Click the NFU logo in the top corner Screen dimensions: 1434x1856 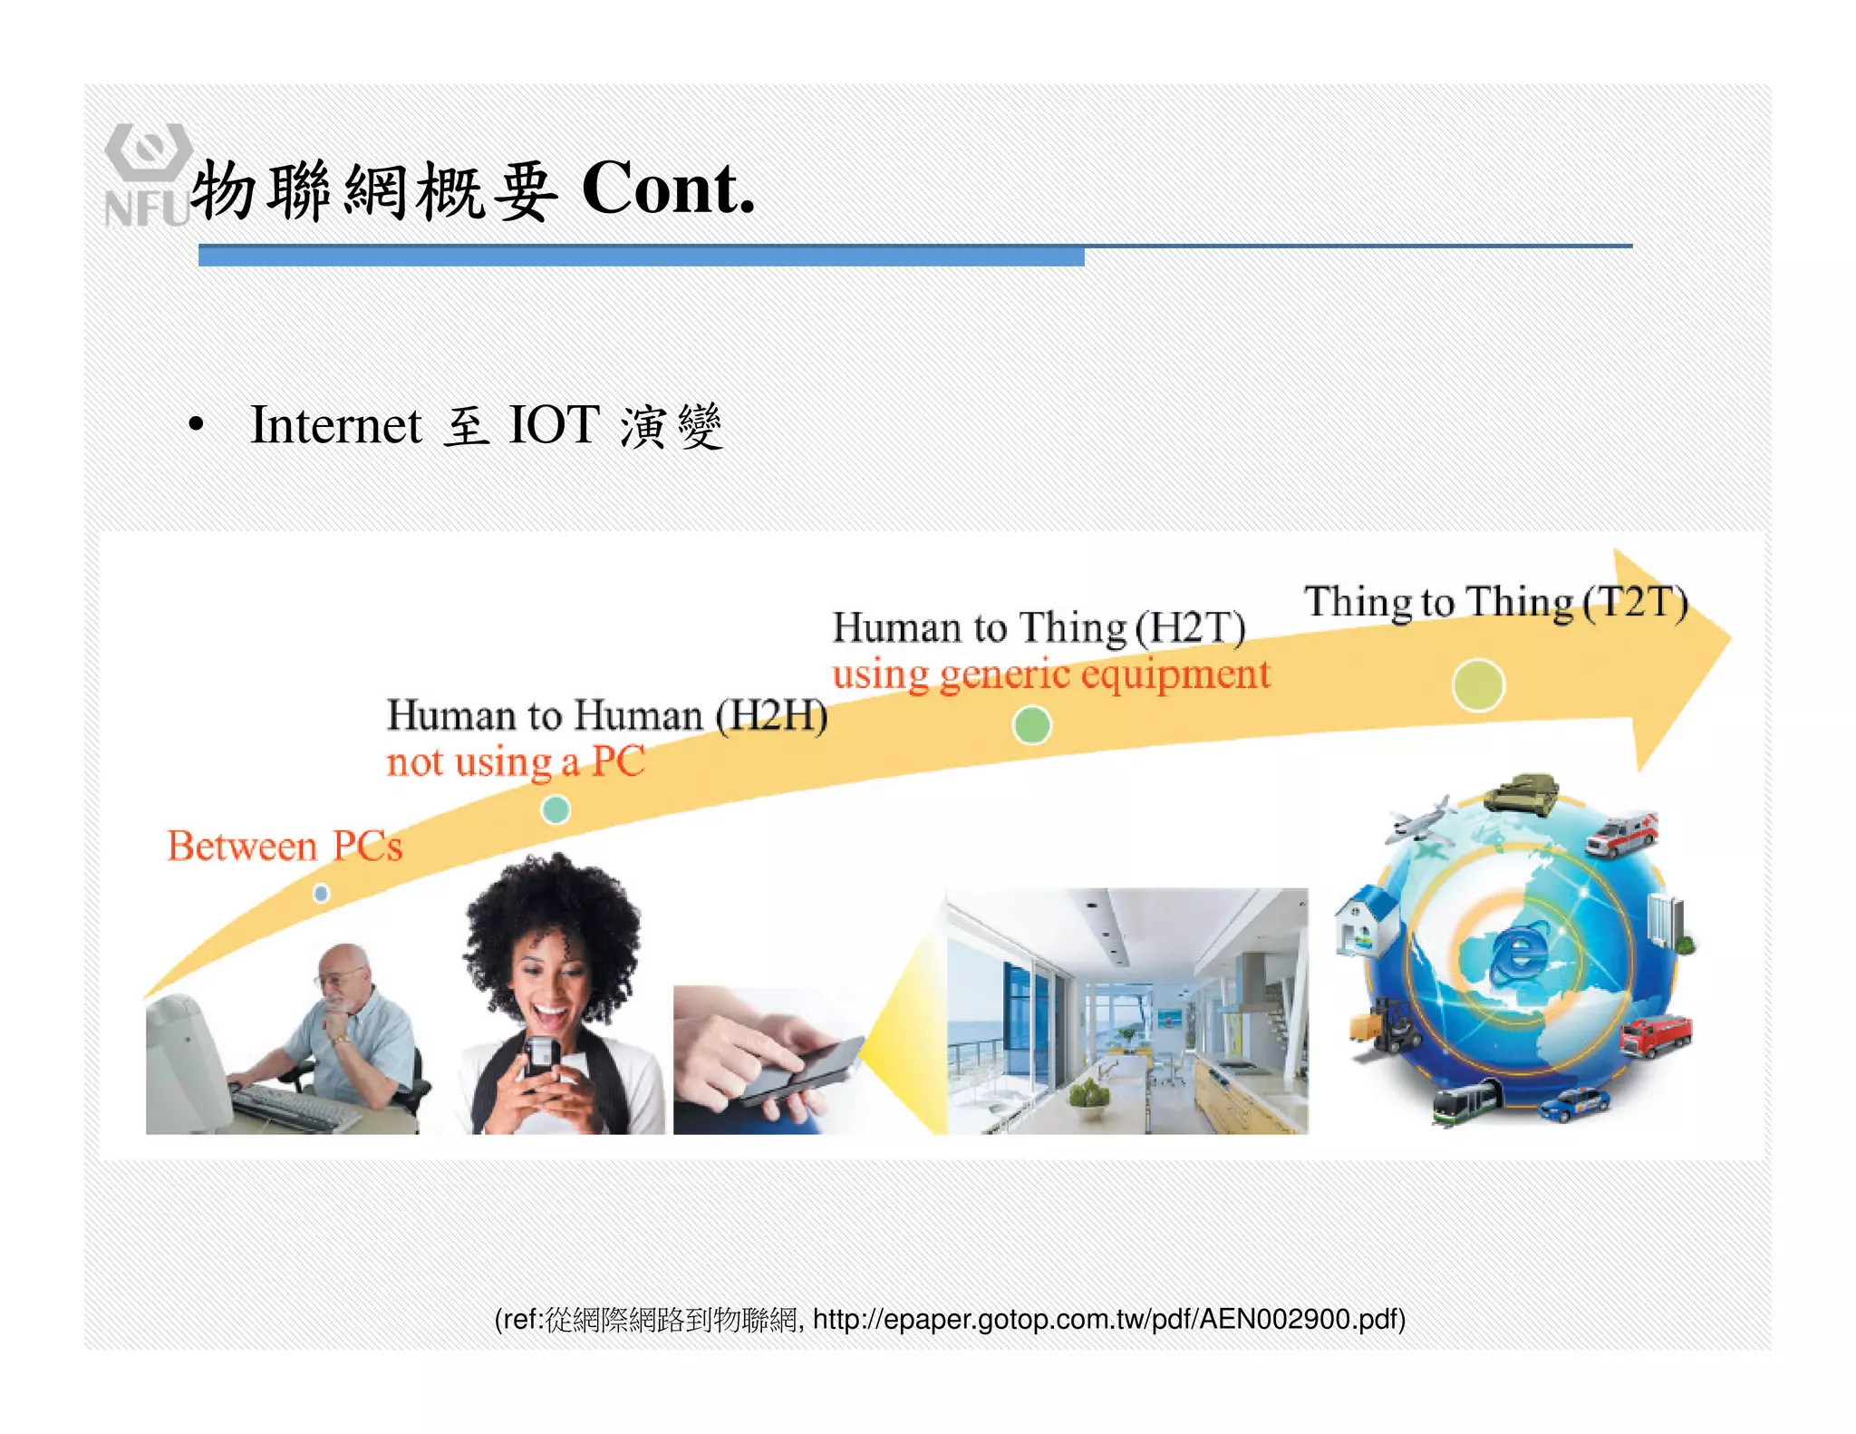pos(147,175)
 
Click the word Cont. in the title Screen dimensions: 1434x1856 pos(668,189)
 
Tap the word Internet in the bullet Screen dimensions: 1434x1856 pos(335,425)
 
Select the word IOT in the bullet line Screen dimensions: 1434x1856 pos(554,425)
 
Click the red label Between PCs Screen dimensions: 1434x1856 pos(285,847)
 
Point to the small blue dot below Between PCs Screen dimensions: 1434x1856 pos(321,894)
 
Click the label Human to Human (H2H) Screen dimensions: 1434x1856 pos(606,716)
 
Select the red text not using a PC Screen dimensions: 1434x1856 pos(515,762)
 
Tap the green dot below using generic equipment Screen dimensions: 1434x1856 pos(1031,725)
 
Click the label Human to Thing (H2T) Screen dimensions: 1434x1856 pos(1039,628)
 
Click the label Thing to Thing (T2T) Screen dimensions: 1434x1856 pos(1495,603)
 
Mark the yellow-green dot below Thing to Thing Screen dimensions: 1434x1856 pos(1478,685)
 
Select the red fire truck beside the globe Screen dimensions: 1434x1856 pos(1656,1036)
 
